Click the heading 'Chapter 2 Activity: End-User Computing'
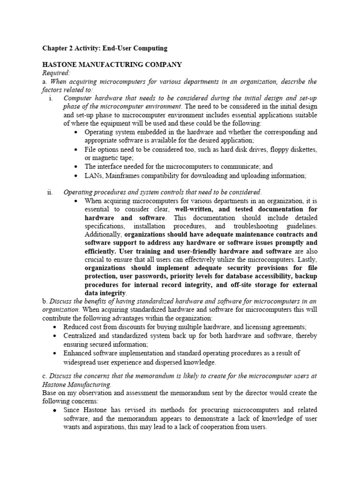105,48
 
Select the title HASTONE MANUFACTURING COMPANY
112,64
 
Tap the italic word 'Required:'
56,73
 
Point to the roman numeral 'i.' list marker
50,98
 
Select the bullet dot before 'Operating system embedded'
76,133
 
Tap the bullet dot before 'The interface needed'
76,166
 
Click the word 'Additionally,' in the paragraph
104,234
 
